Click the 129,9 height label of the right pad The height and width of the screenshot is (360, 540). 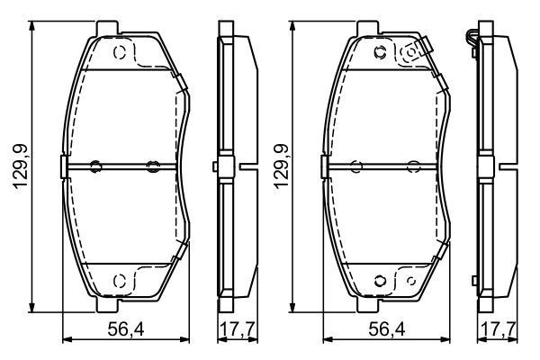[281, 169]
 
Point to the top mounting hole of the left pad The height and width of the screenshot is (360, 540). [120, 52]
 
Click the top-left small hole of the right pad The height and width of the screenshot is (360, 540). [380, 52]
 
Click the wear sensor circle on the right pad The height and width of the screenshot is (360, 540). [412, 53]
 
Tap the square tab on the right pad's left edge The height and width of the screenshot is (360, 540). [324, 166]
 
